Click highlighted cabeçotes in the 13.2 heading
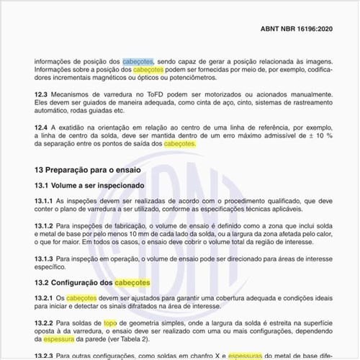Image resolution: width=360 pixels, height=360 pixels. coord(132,282)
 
